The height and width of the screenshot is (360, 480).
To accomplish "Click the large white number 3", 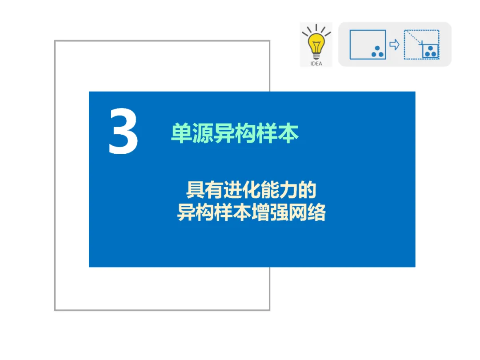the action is point(124,131).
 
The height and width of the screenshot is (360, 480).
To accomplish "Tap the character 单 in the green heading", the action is point(181,133).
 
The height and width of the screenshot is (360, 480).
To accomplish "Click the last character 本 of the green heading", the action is point(288,133).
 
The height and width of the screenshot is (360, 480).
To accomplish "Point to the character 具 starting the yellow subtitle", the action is point(195,190).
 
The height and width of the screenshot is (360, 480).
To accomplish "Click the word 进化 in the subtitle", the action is point(242,190).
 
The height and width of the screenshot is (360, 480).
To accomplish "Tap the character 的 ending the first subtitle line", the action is point(307,190).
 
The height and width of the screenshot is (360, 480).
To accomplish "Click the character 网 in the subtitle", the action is point(297,212).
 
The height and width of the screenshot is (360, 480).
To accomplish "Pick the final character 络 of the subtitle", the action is point(316,212).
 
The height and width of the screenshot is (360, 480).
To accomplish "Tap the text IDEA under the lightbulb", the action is point(316,64).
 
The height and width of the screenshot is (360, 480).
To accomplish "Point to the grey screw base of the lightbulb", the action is point(316,56).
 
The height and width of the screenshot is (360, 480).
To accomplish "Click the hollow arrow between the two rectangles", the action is point(394,45).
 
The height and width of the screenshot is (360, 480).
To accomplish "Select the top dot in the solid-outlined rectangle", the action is point(377,48).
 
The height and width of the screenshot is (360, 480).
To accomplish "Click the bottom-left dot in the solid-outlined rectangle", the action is point(374,55).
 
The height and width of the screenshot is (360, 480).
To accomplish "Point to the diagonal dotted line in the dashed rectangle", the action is point(414,37).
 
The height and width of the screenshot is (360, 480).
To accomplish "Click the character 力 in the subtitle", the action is point(288,190).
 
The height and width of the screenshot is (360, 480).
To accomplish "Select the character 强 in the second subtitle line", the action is point(279,212).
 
